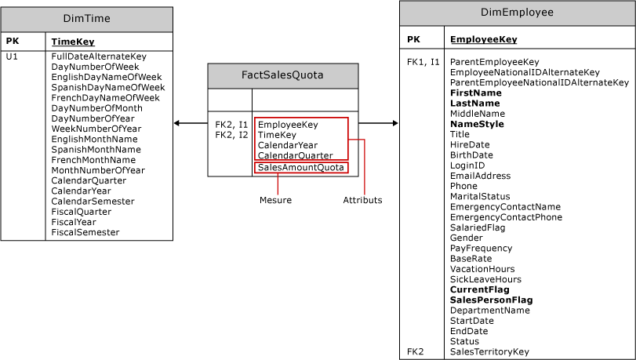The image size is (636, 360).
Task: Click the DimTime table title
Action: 86,19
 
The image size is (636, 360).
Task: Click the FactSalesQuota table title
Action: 282,75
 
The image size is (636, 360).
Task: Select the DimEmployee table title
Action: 517,13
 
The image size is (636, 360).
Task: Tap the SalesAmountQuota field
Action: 300,167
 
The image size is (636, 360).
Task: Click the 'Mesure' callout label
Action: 275,200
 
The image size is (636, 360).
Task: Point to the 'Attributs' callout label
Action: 362,200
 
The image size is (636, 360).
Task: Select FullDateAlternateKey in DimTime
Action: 99,56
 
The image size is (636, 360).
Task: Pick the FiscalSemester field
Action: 85,232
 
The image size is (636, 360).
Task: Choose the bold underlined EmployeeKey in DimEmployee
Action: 483,39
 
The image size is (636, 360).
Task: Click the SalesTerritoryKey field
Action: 489,352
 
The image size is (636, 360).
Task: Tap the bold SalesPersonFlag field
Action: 491,300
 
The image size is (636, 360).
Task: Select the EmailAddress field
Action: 480,176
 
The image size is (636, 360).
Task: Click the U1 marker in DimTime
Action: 12,56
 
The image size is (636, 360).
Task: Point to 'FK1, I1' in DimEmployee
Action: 423,61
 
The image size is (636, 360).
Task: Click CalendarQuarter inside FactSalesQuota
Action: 289,155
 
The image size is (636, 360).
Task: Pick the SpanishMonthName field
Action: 96,149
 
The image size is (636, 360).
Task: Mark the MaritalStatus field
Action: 480,196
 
